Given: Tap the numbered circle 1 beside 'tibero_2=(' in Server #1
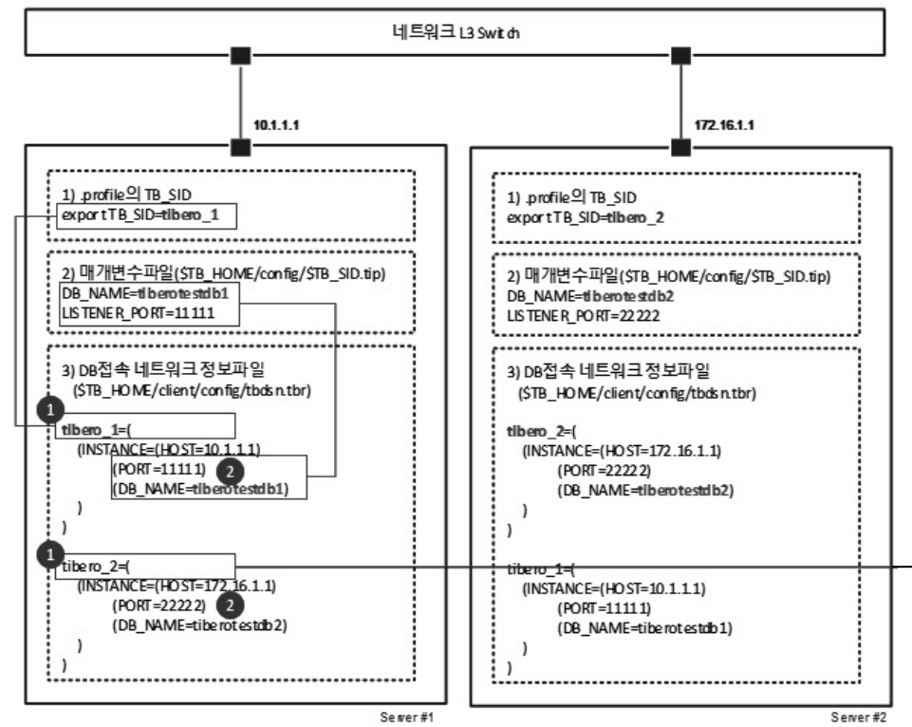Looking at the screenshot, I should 46,553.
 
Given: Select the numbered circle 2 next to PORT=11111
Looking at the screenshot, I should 229,469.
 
